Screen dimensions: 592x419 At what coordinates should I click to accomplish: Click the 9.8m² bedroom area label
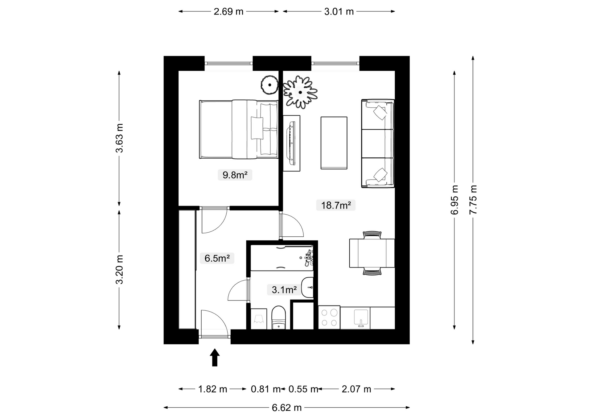pos(235,175)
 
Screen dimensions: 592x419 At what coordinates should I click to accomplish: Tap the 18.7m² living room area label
pos(336,205)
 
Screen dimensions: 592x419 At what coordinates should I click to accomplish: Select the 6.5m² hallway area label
pos(217,258)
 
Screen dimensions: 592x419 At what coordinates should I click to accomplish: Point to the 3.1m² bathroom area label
pos(284,290)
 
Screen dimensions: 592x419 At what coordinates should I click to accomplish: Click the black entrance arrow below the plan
pos(215,357)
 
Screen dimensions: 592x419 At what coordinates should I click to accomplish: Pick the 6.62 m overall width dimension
pos(287,408)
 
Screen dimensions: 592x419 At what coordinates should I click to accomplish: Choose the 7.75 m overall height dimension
pos(473,200)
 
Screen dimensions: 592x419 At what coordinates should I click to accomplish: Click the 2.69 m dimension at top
pos(228,11)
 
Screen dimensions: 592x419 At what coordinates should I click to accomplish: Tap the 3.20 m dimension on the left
pos(119,269)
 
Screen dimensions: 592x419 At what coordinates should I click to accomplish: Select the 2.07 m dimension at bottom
pos(356,389)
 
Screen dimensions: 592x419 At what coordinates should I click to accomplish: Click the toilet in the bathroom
pos(279,317)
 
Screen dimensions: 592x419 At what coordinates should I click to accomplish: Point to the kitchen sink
pos(361,318)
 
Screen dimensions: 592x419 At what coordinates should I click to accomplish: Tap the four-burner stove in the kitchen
pos(329,317)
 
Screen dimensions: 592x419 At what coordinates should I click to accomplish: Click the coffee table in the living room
pos(334,143)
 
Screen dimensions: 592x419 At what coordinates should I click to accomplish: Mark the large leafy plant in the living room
pos(300,92)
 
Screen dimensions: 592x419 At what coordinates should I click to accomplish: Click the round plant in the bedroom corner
pos(270,85)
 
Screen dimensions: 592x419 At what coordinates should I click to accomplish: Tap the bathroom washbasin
pos(307,287)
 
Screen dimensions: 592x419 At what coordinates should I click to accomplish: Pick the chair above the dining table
pos(372,235)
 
